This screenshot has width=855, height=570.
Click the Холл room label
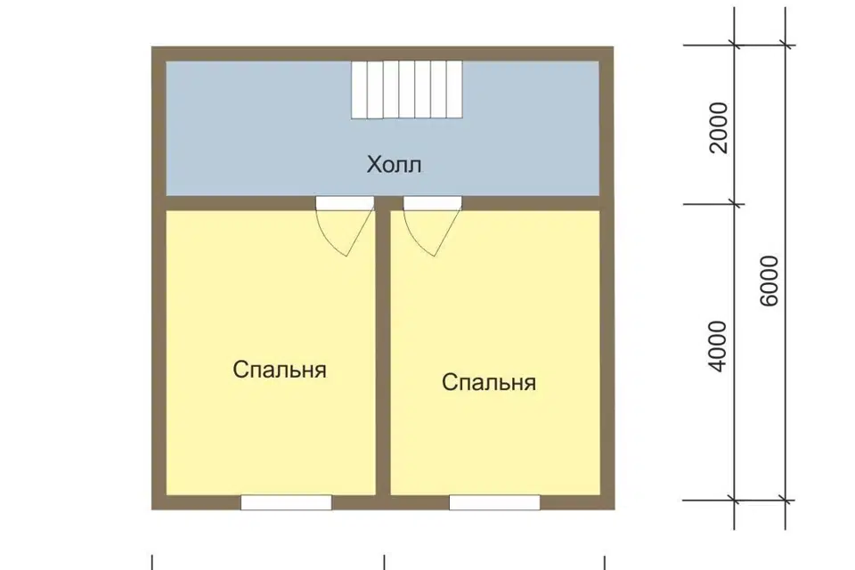(x=394, y=165)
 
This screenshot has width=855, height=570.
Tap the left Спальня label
(x=280, y=370)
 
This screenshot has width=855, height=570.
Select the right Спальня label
(x=489, y=383)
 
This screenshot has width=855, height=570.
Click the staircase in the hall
(x=407, y=89)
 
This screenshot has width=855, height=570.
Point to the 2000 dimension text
(x=720, y=127)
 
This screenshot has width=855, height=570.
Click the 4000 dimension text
(x=720, y=346)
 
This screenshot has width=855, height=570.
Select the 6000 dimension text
(x=770, y=281)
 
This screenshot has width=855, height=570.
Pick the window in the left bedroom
(x=286, y=502)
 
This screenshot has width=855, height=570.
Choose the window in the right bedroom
(x=494, y=502)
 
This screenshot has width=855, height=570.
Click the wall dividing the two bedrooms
(x=383, y=356)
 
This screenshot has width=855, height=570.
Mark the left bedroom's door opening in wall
(x=345, y=203)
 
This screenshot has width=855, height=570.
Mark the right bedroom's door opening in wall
(x=433, y=203)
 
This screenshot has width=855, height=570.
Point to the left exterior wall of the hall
(x=159, y=125)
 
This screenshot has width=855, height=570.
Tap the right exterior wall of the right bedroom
(x=607, y=356)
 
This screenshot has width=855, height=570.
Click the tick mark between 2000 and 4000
(x=734, y=204)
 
